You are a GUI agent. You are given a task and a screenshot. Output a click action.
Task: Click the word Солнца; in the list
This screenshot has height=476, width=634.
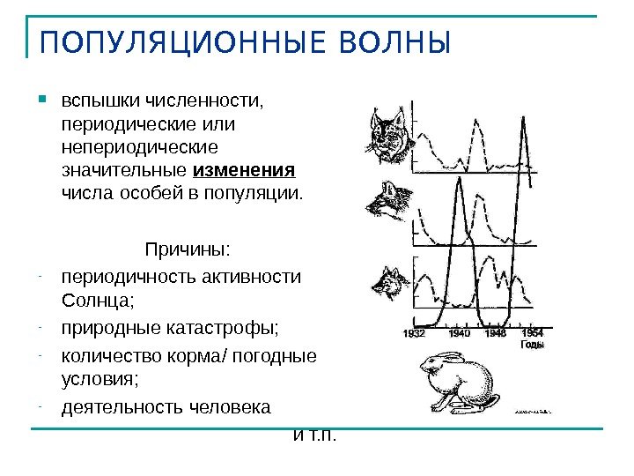[98, 299]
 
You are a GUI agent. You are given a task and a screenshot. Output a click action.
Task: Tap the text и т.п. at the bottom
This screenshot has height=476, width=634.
[314, 435]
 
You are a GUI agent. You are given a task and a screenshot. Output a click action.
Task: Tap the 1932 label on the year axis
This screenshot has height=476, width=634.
[414, 333]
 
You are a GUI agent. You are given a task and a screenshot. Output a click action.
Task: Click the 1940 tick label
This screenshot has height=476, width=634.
[459, 333]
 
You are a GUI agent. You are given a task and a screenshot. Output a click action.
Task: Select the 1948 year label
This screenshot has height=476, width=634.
[496, 333]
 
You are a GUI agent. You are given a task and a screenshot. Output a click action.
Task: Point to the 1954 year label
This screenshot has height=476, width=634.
[532, 333]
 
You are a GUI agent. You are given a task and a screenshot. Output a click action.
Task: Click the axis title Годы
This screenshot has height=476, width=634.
[532, 345]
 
